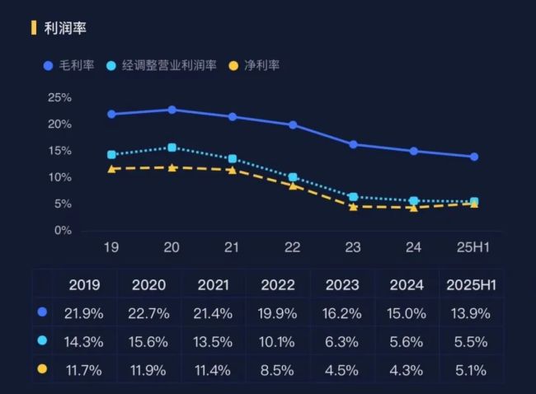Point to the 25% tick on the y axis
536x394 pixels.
point(59,97)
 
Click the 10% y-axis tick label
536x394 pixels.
point(59,177)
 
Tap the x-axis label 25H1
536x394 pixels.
point(474,246)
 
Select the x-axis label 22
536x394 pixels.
point(293,246)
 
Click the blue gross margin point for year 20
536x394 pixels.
point(172,110)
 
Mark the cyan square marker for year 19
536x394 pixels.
point(111,154)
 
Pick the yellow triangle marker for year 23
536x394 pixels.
point(353,206)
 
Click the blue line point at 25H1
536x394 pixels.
point(474,157)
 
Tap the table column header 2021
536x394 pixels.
point(213,285)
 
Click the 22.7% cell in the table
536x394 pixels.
point(148,313)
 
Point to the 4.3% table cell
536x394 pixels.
point(406,370)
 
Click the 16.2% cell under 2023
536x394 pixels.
point(341,313)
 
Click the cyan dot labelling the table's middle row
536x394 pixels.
point(43,340)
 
